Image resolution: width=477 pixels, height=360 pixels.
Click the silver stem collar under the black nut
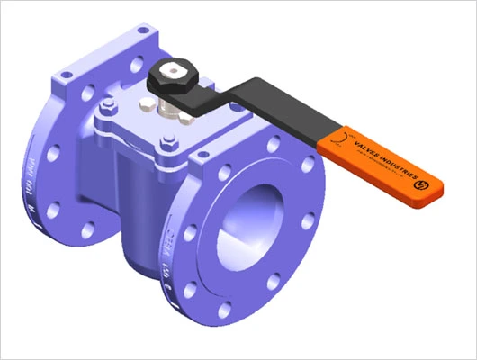170,100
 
